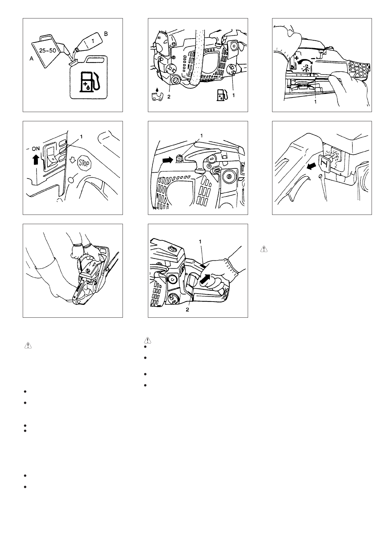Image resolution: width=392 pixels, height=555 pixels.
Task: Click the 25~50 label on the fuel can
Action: [x=47, y=50]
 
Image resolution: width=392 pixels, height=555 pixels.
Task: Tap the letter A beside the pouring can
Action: [x=31, y=58]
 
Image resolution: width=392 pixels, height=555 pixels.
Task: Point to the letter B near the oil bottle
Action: [x=106, y=34]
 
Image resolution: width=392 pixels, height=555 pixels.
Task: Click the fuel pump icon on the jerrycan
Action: [x=89, y=81]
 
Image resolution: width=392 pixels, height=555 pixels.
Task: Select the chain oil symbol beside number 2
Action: [x=157, y=95]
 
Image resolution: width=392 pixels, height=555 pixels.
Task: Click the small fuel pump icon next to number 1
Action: [x=222, y=95]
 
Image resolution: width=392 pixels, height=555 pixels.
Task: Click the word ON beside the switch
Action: [x=36, y=149]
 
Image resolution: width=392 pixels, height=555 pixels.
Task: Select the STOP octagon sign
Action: [x=84, y=164]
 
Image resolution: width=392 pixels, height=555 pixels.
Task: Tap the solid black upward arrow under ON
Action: [x=36, y=159]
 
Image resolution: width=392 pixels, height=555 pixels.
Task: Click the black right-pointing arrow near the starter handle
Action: [x=167, y=160]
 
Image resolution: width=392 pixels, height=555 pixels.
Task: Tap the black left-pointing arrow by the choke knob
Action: [x=312, y=167]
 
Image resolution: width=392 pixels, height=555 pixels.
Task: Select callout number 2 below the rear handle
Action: [x=187, y=309]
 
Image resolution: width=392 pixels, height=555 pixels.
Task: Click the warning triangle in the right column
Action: [x=264, y=249]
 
